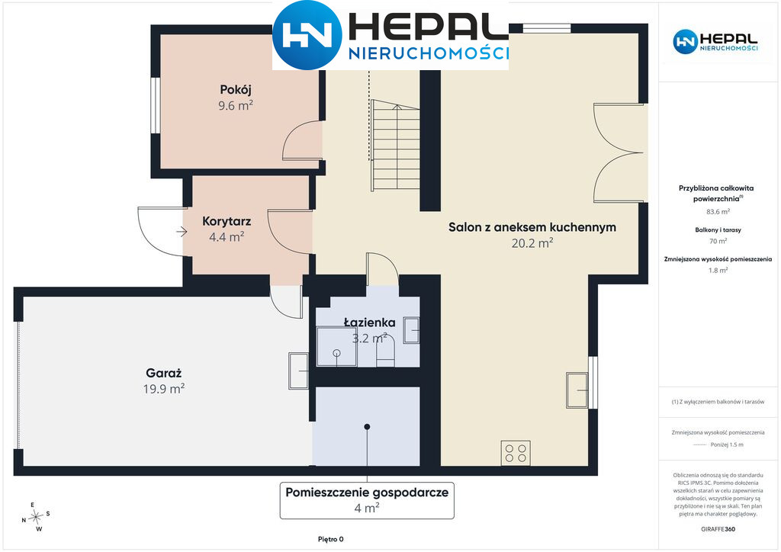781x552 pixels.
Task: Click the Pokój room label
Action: [236, 90]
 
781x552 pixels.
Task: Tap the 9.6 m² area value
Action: [236, 105]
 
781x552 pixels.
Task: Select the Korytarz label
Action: [227, 221]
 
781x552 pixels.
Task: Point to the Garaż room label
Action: [164, 373]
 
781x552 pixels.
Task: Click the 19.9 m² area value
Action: [164, 389]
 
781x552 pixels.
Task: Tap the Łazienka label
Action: [370, 323]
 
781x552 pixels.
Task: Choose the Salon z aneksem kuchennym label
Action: [532, 227]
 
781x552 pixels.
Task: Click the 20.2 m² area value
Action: [532, 243]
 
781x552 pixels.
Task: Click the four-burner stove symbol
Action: [516, 453]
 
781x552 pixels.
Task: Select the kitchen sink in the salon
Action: [577, 390]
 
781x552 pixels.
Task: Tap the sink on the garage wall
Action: [299, 371]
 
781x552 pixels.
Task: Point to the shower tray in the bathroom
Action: [336, 346]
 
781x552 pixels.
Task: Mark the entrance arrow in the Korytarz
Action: [182, 232]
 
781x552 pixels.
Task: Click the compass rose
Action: [36, 518]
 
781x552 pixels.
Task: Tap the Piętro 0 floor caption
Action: [331, 539]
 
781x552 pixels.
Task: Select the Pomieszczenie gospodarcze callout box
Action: [367, 500]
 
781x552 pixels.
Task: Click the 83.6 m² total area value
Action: [718, 211]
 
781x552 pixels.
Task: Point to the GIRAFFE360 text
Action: [718, 529]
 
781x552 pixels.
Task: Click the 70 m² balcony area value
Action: [718, 241]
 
